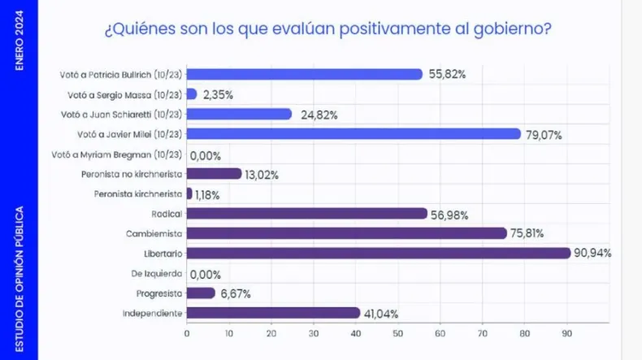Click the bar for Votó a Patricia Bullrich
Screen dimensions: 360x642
pyautogui.click(x=305, y=74)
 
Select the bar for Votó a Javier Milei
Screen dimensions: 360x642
pyautogui.click(x=354, y=133)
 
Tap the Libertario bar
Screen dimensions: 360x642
pyautogui.click(x=379, y=253)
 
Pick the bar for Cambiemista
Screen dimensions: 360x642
pyautogui.click(x=347, y=233)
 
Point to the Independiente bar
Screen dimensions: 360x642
pyautogui.click(x=273, y=313)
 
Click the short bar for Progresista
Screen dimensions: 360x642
pyautogui.click(x=201, y=293)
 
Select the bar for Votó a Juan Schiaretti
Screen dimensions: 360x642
pyautogui.click(x=239, y=114)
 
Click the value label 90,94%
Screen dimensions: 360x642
pyautogui.click(x=592, y=254)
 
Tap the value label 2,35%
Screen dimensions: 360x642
pyautogui.click(x=218, y=94)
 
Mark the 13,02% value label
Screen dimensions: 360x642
pyautogui.click(x=262, y=174)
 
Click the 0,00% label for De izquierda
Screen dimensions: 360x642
pyautogui.click(x=205, y=274)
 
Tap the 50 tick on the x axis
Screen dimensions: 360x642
pyautogui.click(x=397, y=333)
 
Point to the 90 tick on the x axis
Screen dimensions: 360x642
pyautogui.click(x=566, y=333)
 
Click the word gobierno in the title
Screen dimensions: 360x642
pyautogui.click(x=504, y=30)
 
